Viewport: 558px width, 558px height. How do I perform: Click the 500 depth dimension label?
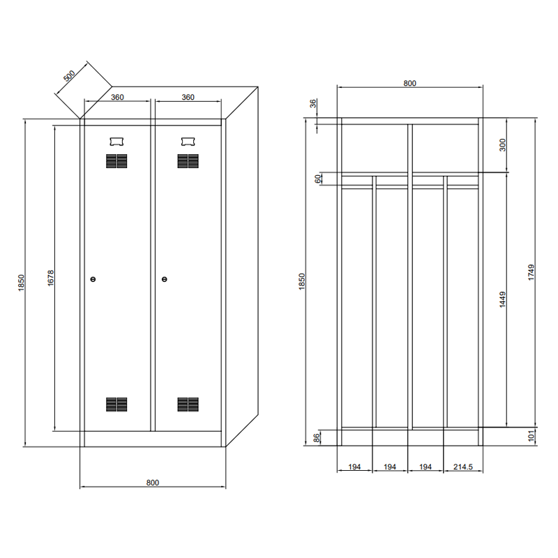click(x=69, y=75)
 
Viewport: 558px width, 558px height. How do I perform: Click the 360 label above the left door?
click(x=117, y=97)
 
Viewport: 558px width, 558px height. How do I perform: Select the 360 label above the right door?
click(x=188, y=97)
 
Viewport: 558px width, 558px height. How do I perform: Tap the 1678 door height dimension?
click(x=50, y=278)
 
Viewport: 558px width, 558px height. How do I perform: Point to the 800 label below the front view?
click(x=153, y=483)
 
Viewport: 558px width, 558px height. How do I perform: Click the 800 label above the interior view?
click(x=409, y=83)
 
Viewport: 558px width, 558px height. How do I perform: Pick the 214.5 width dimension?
click(x=463, y=467)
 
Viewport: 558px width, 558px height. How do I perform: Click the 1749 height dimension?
click(x=531, y=272)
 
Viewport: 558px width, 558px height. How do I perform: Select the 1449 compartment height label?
click(x=502, y=299)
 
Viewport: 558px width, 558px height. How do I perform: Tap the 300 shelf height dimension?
click(x=502, y=145)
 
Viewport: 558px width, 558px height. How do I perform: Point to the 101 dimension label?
click(x=531, y=436)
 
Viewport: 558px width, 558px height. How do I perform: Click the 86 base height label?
click(x=316, y=438)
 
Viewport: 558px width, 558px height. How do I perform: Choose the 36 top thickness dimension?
click(x=312, y=103)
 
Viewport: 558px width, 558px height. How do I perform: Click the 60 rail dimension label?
click(x=317, y=179)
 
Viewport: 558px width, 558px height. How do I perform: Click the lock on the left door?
click(x=93, y=280)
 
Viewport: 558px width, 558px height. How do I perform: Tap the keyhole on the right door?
click(x=164, y=280)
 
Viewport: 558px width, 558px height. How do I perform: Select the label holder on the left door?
click(x=116, y=142)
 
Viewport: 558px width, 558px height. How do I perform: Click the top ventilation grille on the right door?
click(x=188, y=161)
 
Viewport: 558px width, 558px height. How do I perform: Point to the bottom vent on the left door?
click(x=116, y=405)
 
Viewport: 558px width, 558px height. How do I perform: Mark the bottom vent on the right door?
click(x=188, y=405)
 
